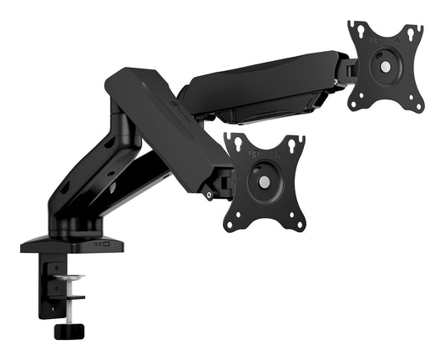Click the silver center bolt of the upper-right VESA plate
point(385,66)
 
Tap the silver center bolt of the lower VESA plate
point(265,181)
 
